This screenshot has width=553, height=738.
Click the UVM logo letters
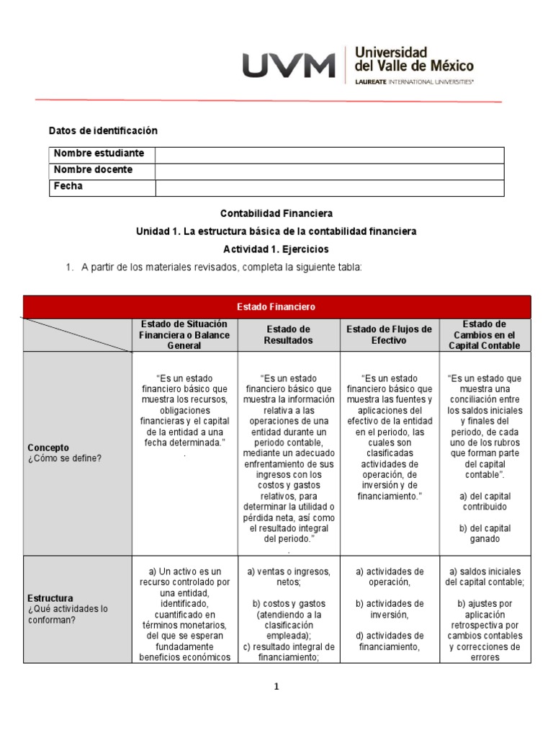tap(289, 66)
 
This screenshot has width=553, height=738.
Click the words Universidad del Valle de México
tap(414, 59)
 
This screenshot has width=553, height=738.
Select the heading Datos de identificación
tap(102, 130)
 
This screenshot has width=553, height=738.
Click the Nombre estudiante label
tap(99, 154)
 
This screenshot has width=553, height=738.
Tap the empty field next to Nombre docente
tap(329, 172)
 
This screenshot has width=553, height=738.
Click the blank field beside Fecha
tap(329, 187)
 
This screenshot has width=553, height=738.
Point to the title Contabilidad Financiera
tap(276, 213)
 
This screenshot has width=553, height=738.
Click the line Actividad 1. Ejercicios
tap(276, 249)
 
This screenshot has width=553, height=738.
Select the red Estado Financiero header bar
tap(276, 307)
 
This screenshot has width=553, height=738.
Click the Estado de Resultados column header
tap(288, 335)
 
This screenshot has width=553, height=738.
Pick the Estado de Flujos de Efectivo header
tap(389, 335)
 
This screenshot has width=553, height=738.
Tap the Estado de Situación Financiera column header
tap(184, 335)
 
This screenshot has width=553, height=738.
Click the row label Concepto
tap(48, 448)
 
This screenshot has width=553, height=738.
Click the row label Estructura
tap(50, 598)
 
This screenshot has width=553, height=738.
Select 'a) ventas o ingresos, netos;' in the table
tap(288, 577)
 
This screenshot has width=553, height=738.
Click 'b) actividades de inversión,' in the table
tap(389, 609)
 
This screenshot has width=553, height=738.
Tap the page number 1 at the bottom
tap(276, 687)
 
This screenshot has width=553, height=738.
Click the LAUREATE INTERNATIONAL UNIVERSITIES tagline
tap(415, 82)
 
